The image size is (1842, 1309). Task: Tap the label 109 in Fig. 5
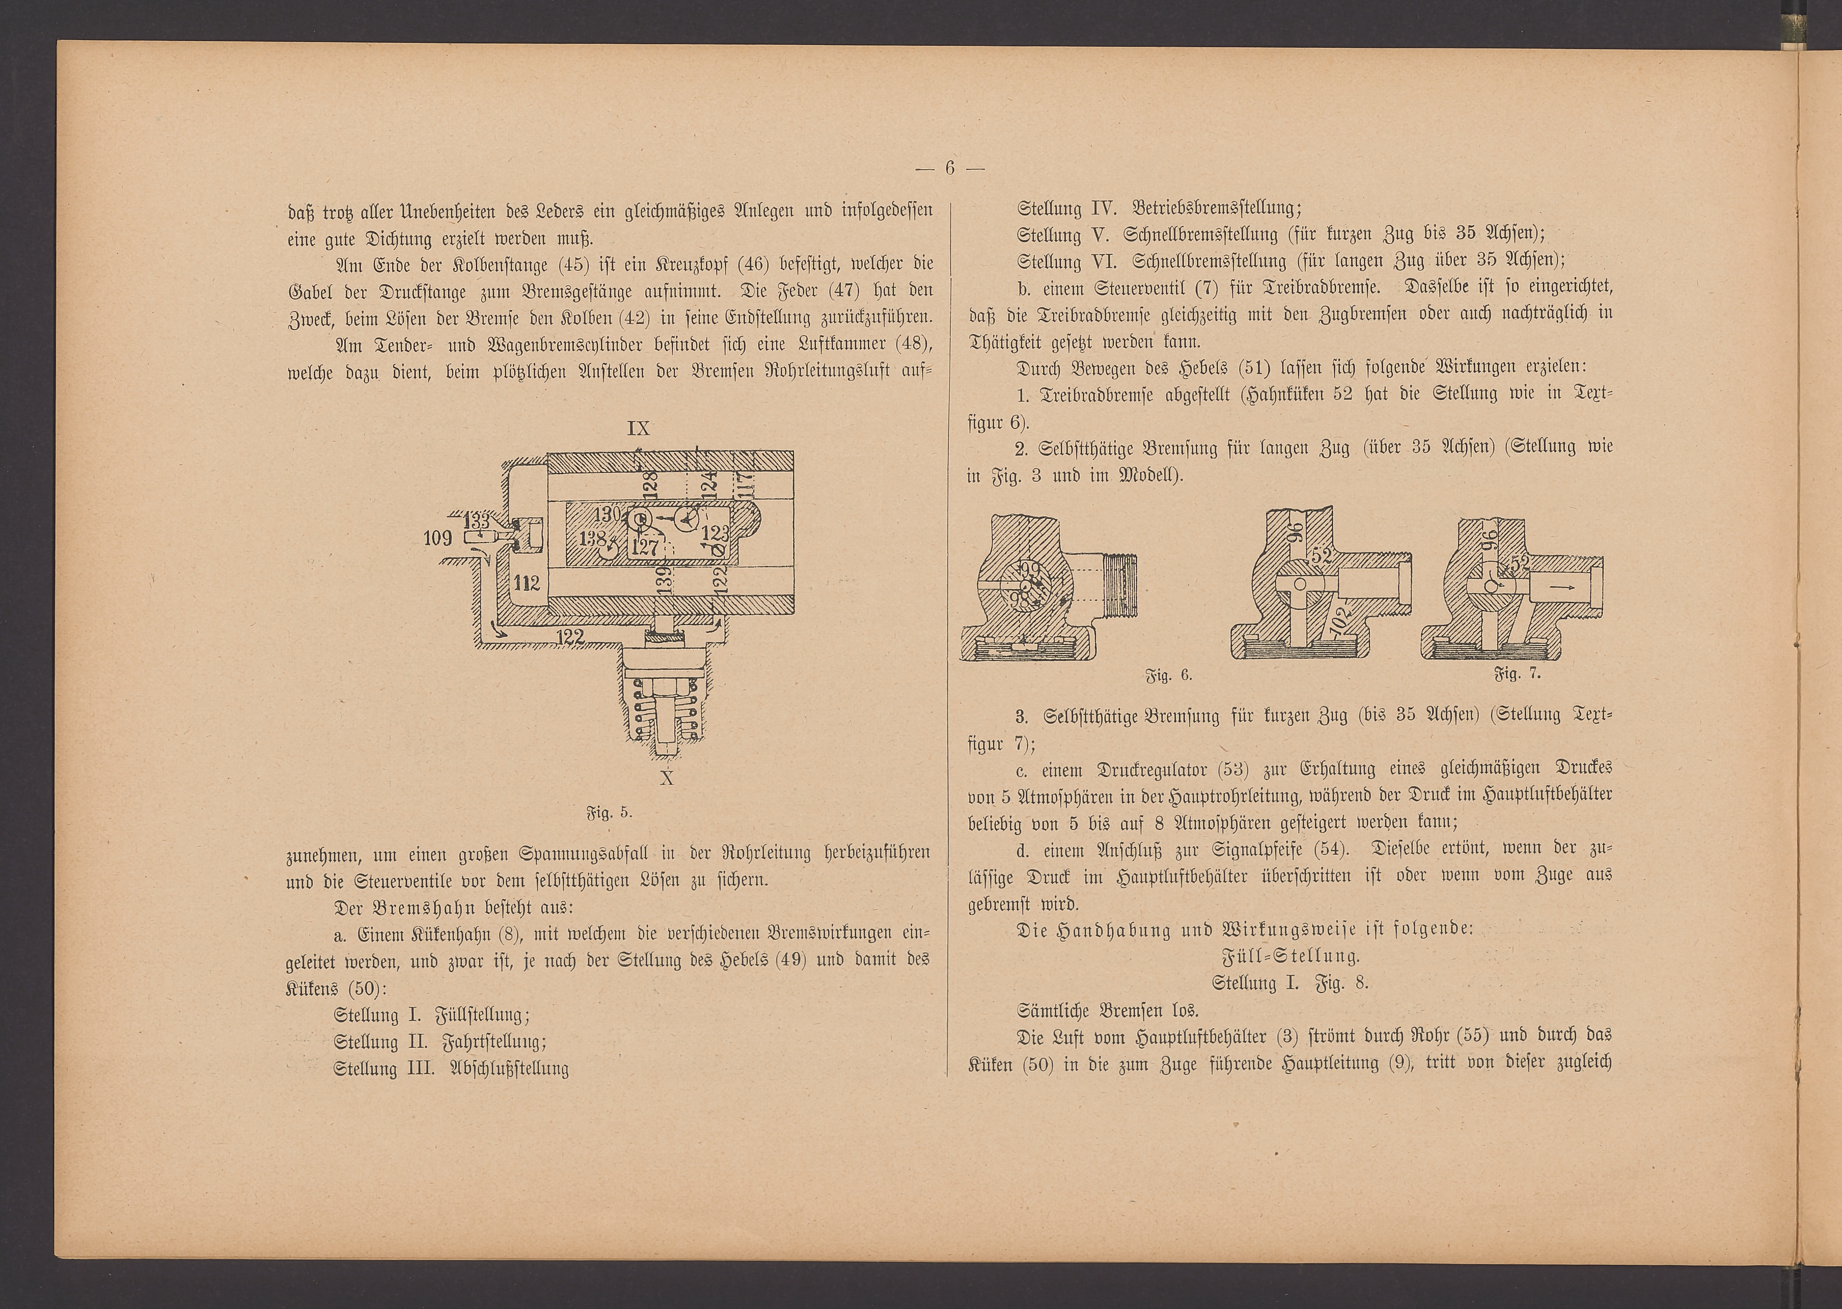click(x=438, y=537)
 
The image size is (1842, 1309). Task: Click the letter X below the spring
click(x=667, y=779)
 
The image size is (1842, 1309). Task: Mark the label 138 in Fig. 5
click(x=592, y=537)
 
